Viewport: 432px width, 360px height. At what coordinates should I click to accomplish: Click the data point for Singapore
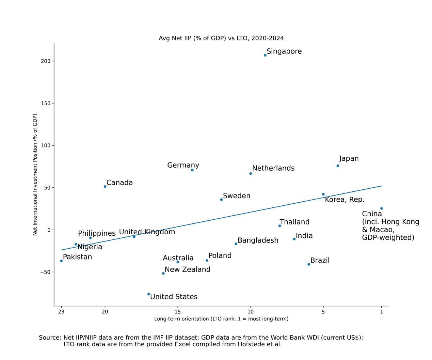coord(265,55)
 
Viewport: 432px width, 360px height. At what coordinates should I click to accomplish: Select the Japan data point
coord(338,166)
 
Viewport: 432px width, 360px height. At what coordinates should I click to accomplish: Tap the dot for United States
coord(149,294)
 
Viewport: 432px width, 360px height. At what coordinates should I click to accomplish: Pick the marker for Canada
coord(105,187)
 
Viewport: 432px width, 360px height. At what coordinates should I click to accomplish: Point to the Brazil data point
coord(309,264)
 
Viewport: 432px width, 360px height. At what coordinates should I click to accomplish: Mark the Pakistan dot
coord(61,261)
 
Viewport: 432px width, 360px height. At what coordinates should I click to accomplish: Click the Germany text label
coord(183,165)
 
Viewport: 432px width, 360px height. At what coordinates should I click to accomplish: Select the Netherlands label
coord(273,168)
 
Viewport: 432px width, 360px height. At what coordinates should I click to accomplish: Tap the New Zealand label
coord(187,269)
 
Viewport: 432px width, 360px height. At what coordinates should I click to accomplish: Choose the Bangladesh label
coord(258,240)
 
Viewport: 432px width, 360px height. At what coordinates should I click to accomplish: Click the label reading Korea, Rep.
coord(345,200)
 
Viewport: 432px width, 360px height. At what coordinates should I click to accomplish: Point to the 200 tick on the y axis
coord(46,61)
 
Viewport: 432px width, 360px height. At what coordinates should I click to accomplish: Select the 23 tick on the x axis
coord(61,312)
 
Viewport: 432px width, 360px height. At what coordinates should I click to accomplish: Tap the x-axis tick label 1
coord(382,312)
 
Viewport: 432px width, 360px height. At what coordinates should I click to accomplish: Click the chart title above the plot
coord(221,38)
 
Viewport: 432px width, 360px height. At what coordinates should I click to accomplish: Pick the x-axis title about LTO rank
coord(221,319)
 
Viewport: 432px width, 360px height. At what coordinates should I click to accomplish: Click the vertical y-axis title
coord(35,174)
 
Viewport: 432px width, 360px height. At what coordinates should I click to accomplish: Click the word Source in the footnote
coord(50,338)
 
